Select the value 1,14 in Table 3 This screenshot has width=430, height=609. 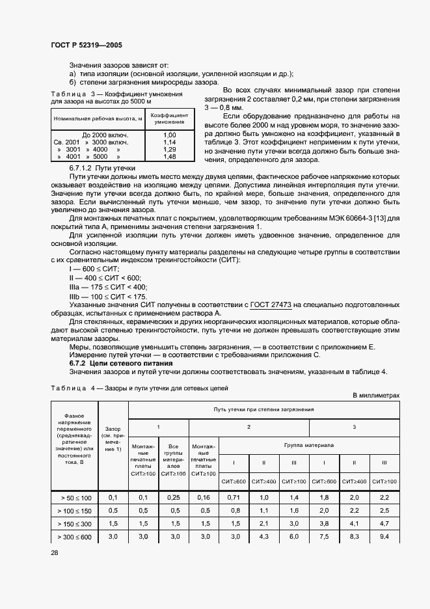point(170,141)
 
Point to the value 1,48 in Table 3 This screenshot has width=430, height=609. point(170,156)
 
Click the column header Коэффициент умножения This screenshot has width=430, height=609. point(170,118)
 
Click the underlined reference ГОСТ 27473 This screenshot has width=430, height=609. point(269,304)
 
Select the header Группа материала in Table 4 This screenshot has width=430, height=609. point(309,446)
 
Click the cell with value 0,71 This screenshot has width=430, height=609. point(234,497)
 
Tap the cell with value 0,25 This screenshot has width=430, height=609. point(174,497)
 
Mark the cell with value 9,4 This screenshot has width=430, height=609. point(402,536)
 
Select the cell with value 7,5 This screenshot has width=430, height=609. point(324,536)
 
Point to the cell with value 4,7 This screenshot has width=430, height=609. point(402,523)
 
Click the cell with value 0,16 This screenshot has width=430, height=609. point(204,497)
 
